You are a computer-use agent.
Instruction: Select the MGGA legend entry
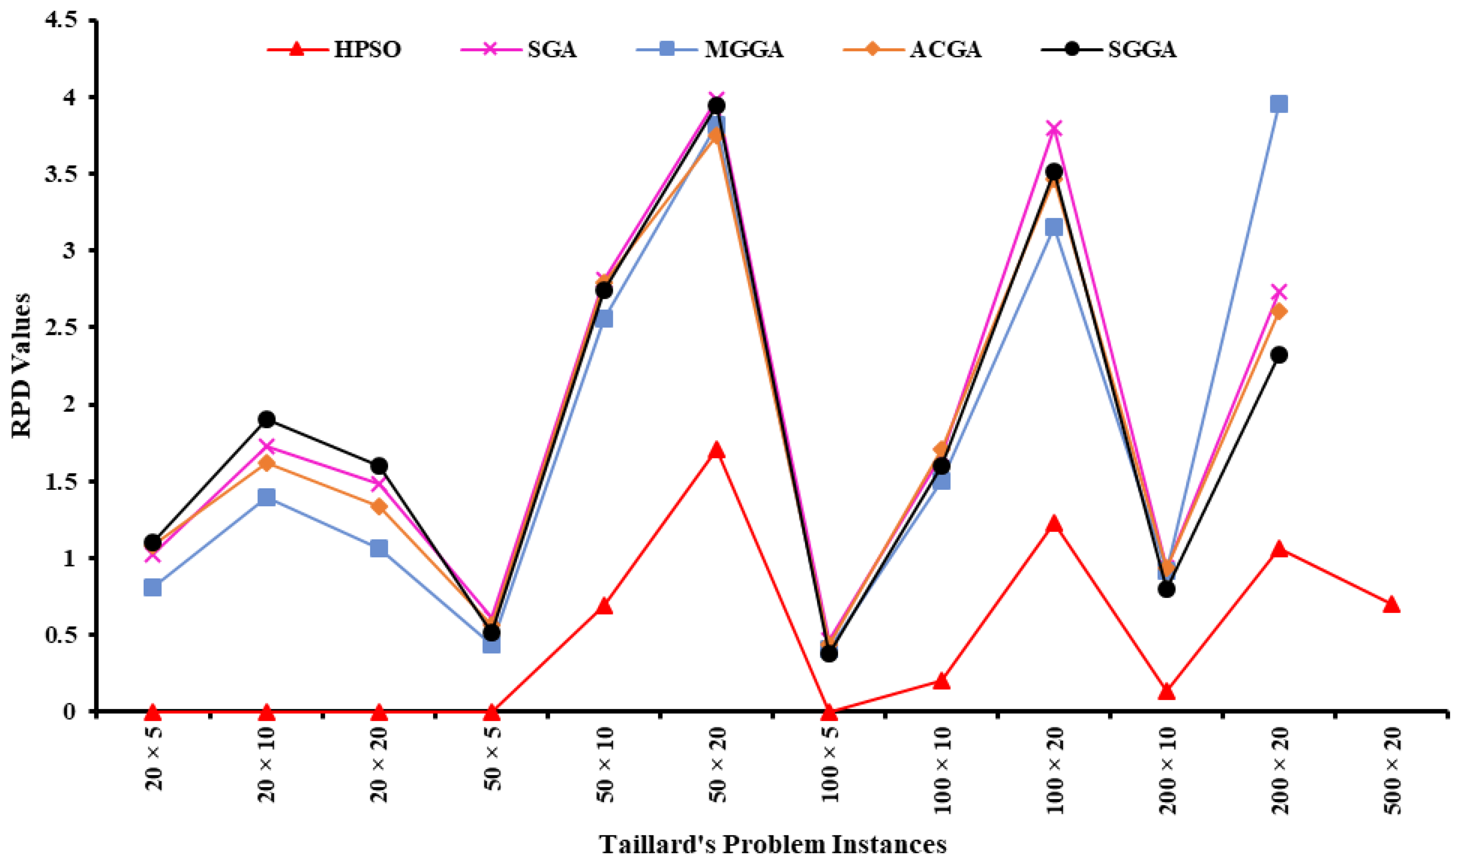pos(710,49)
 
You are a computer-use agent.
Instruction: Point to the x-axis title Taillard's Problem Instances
pos(773,845)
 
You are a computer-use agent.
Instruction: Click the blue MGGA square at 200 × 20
pos(1279,104)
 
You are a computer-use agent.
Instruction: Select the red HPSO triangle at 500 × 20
pos(1391,605)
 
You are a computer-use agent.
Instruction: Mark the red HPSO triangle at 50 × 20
pos(717,451)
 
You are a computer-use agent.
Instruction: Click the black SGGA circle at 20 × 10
pos(267,419)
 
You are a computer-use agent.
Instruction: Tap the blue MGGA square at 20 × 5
pos(153,587)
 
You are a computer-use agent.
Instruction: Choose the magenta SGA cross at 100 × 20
pos(1054,128)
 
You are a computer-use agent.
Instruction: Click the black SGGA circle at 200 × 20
pos(1279,355)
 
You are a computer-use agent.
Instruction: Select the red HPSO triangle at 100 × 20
pos(1054,524)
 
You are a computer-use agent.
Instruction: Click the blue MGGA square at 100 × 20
pos(1054,227)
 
